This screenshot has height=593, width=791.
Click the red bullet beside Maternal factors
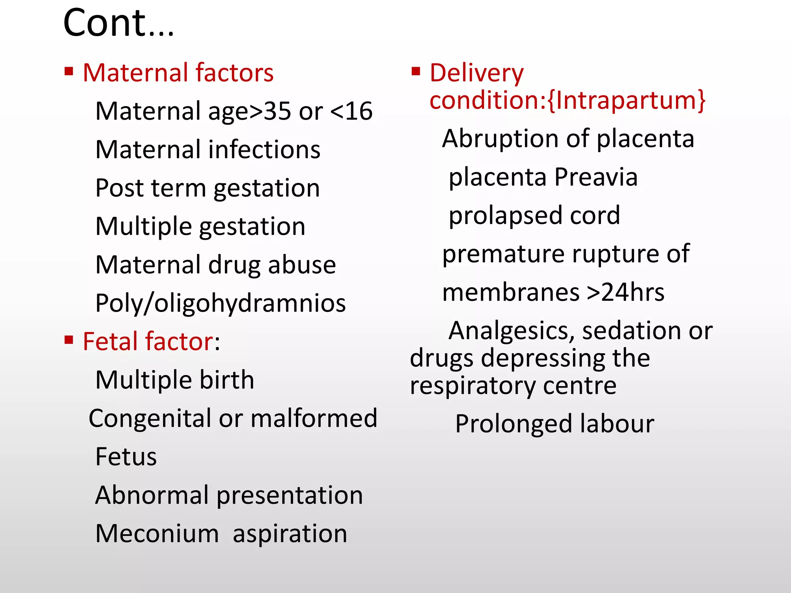(69, 71)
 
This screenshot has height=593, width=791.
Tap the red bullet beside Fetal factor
(69, 340)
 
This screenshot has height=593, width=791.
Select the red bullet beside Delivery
(416, 71)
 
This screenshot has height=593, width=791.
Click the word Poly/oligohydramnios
(221, 303)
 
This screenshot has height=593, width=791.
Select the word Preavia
(596, 177)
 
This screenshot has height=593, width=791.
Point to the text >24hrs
(625, 292)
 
